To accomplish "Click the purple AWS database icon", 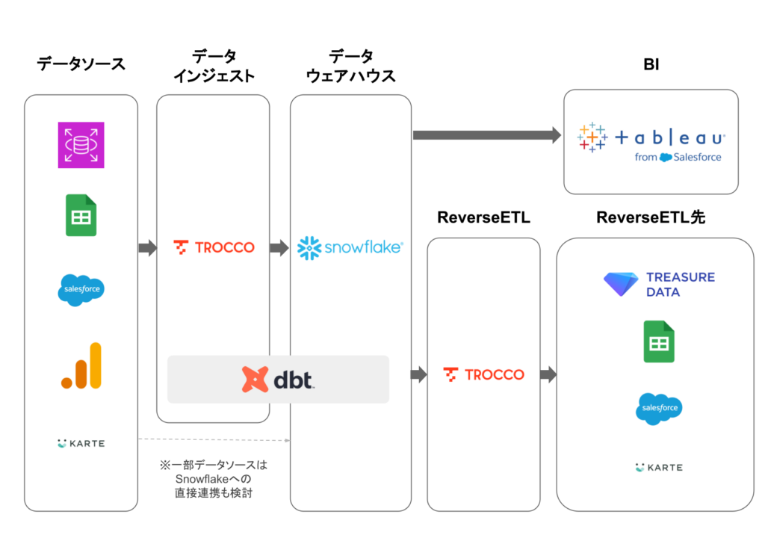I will click(81, 145).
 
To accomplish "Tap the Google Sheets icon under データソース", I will click(81, 215).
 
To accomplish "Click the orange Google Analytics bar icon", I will click(81, 366).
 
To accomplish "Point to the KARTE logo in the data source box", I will click(81, 444).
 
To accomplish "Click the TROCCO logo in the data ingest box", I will click(214, 247).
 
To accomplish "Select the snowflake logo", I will click(350, 247).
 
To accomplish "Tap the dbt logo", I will click(278, 380).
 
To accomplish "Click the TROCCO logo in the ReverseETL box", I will click(483, 374).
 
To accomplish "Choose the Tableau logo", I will click(651, 141).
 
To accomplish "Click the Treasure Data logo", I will click(659, 285).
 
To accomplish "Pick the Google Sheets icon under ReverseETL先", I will click(659, 342).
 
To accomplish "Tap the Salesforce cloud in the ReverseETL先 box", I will click(659, 409).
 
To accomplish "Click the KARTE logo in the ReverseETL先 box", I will click(659, 468).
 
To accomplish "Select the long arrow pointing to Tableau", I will click(486, 135).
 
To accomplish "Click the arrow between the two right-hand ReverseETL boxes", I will click(548, 375).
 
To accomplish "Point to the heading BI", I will click(651, 65).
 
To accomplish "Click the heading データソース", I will click(81, 64).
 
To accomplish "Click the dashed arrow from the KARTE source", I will click(214, 439).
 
